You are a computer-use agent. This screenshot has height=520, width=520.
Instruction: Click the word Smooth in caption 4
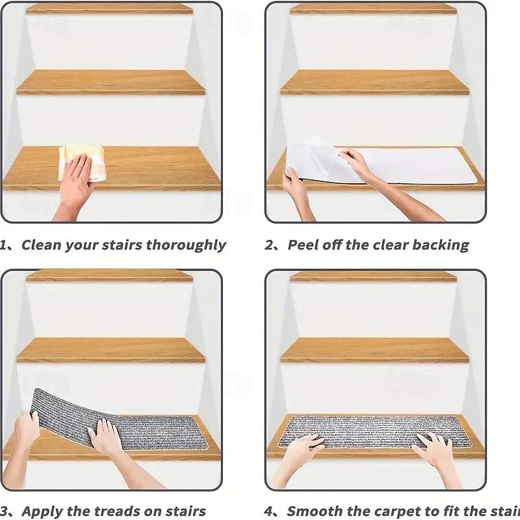pos(315,512)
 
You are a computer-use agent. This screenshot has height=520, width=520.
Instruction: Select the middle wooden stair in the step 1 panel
pos(110,83)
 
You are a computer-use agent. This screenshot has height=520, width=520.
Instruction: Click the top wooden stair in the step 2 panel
pos(373,8)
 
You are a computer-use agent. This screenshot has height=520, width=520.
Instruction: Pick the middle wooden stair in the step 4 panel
pos(374,350)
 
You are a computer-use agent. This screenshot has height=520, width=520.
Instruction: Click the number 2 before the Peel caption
pos(270,246)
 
